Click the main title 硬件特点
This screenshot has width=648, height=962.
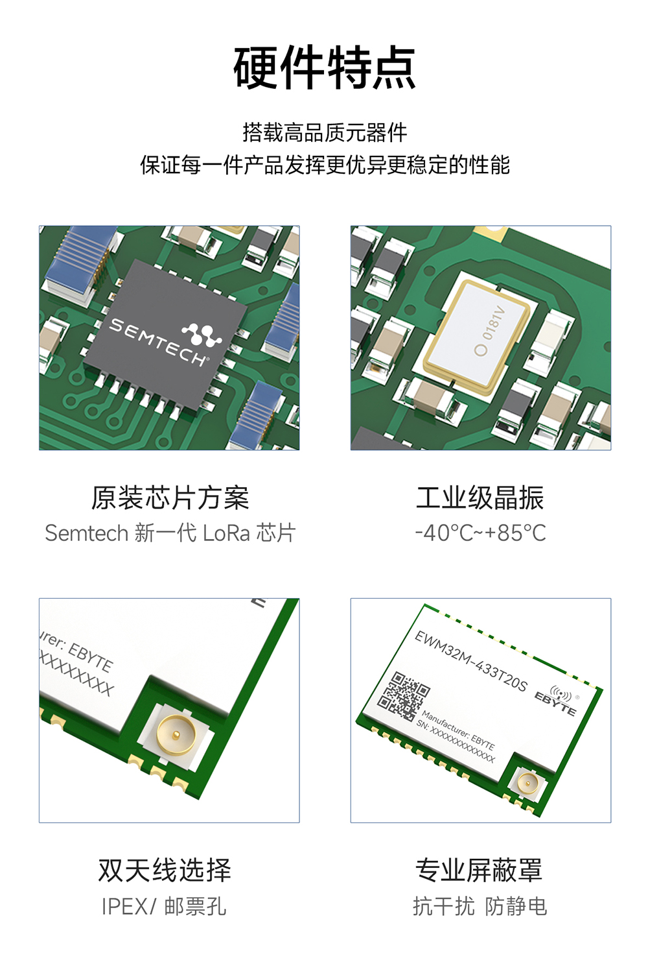324,68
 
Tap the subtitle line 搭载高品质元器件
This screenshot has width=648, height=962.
324,132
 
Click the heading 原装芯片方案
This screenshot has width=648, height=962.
170,498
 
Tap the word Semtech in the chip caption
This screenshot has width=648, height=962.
87,533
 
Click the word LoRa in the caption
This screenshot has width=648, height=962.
226,533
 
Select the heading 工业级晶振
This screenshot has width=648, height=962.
480,498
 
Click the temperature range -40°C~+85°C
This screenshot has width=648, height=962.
480,533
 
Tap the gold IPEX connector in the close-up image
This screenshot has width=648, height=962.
176,734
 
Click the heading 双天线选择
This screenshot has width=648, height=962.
165,871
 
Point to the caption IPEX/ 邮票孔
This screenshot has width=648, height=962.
164,906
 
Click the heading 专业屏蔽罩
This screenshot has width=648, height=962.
479,871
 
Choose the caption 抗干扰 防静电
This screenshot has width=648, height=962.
480,906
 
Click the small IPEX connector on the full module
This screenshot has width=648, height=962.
526,784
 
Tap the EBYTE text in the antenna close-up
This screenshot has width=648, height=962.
90,656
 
